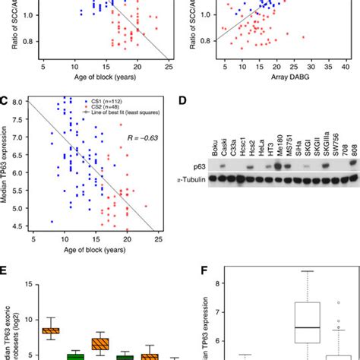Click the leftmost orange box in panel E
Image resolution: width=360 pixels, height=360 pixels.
pyautogui.click(x=51, y=330)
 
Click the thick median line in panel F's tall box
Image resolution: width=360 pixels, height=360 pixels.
pyautogui.click(x=308, y=327)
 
